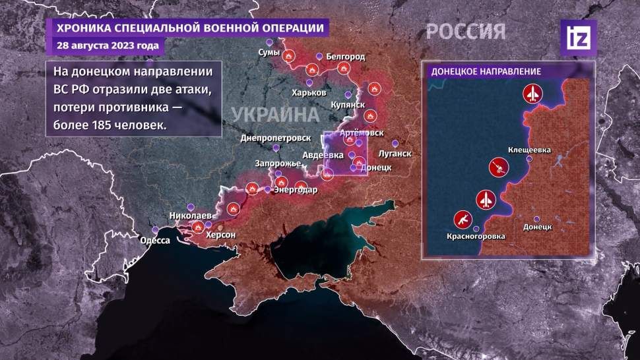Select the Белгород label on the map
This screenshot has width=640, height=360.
pyautogui.click(x=345, y=57)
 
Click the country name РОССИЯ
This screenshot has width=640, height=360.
pyautogui.click(x=466, y=31)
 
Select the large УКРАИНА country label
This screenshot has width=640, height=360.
pyautogui.click(x=271, y=114)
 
